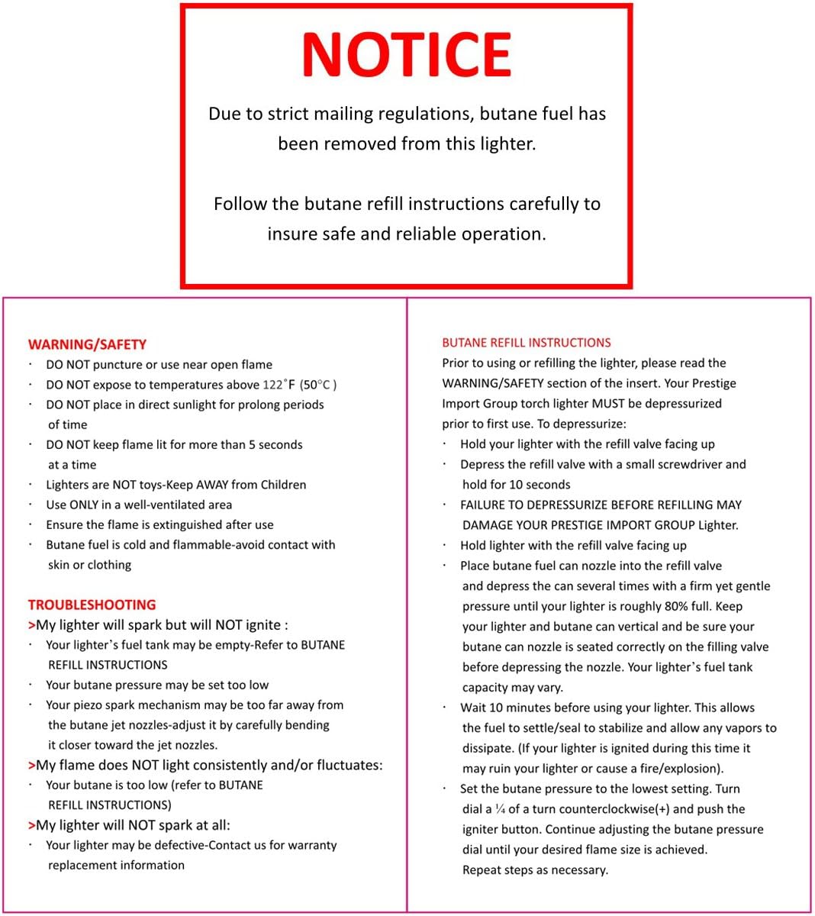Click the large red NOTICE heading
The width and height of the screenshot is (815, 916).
(406, 55)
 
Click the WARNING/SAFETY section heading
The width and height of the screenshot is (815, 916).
(87, 344)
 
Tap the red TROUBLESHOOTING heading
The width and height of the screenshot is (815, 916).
(92, 605)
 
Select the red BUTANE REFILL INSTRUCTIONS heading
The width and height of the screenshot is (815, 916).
(527, 343)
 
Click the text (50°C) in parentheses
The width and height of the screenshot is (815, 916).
(318, 385)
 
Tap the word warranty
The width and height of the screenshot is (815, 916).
(309, 845)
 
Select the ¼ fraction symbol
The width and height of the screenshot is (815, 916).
(500, 809)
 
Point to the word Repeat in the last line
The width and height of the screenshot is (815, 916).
(482, 870)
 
